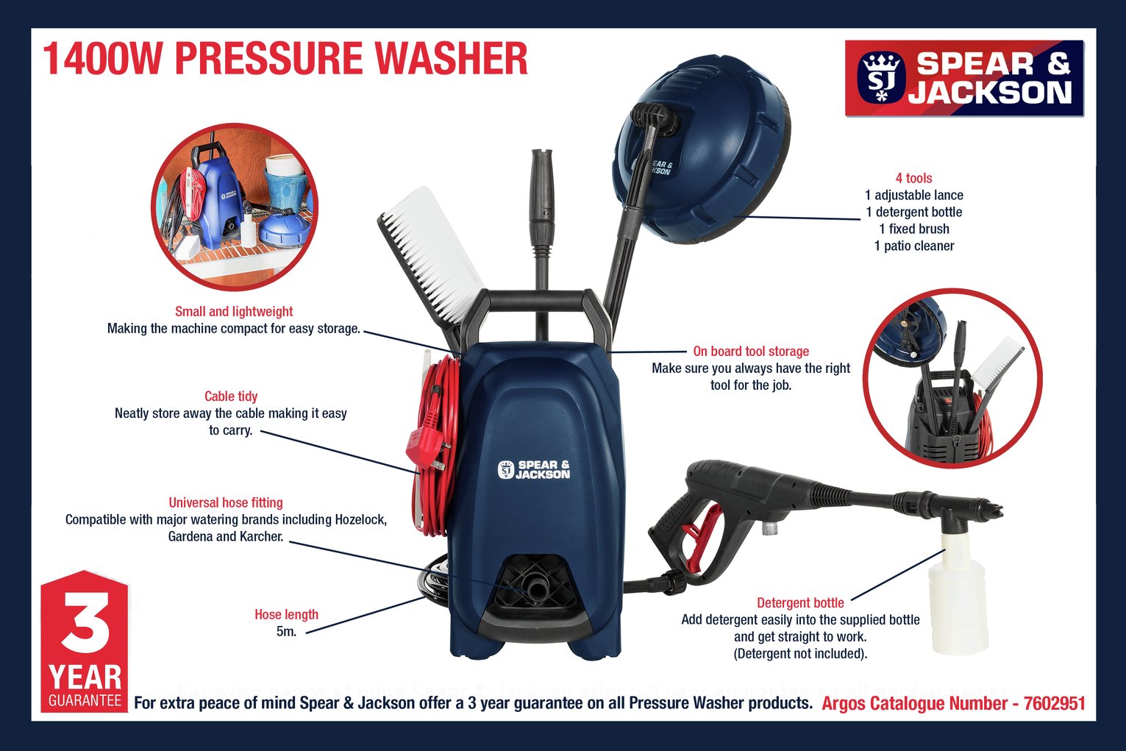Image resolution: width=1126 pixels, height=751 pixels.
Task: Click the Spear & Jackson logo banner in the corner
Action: [x=964, y=79]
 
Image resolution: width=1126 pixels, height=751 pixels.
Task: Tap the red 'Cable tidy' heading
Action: [x=231, y=396]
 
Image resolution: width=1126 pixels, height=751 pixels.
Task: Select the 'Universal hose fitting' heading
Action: [x=226, y=502]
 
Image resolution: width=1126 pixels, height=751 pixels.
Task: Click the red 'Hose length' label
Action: [x=286, y=614]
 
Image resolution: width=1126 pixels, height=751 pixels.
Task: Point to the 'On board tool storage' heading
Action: [x=751, y=351]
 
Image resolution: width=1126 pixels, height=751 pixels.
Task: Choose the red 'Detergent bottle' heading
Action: [x=800, y=602]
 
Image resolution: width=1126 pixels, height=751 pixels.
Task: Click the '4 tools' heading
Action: [x=913, y=178]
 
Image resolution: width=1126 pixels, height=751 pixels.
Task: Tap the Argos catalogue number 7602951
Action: [x=1054, y=703]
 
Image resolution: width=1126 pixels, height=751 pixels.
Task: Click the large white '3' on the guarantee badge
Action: [x=85, y=622]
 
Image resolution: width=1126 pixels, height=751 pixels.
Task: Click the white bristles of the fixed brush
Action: [x=433, y=253]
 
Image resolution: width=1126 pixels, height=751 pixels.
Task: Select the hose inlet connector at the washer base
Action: [x=535, y=586]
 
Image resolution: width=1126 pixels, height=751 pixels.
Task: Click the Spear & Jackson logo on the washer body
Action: [x=534, y=469]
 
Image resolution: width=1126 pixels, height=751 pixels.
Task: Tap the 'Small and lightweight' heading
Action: [x=234, y=311]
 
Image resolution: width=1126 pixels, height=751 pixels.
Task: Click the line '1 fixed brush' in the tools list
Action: [x=914, y=229]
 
